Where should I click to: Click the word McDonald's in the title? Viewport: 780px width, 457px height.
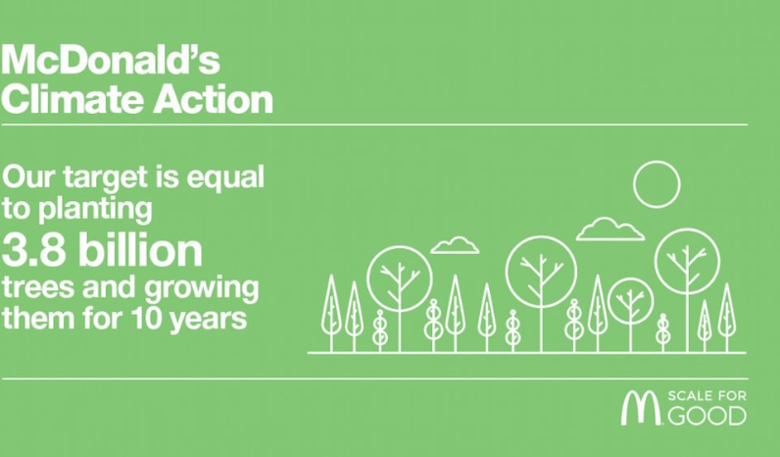point(110,59)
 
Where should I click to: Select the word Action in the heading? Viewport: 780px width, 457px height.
point(214,99)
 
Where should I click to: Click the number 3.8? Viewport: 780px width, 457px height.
point(33,249)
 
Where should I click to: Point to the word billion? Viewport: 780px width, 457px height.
point(141,249)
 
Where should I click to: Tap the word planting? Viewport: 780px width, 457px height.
point(95,210)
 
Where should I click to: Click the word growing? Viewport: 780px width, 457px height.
point(202,289)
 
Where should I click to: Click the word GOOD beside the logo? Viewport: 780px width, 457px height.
point(707,416)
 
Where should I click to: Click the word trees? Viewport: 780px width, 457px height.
point(39,288)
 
